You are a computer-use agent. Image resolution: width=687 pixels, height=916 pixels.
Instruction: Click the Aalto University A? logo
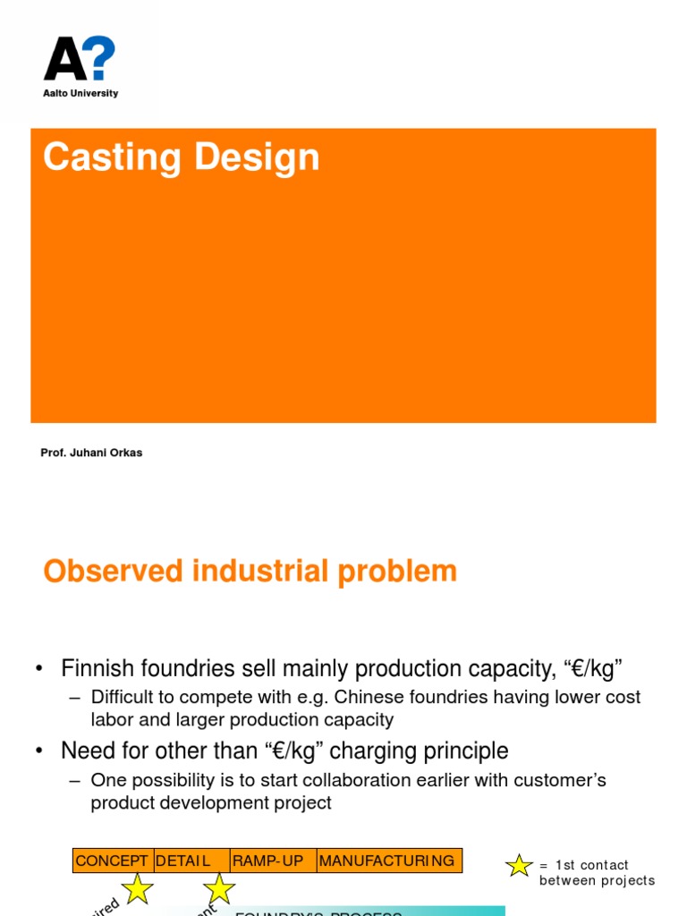click(x=80, y=59)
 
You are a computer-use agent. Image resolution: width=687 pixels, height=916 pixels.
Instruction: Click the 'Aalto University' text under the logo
click(x=81, y=93)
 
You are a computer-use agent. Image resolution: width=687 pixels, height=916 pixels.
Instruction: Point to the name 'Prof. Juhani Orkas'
click(x=91, y=453)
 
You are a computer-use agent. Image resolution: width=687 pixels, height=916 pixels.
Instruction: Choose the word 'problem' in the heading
click(x=402, y=572)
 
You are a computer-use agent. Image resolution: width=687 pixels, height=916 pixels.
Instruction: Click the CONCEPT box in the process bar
click(x=112, y=861)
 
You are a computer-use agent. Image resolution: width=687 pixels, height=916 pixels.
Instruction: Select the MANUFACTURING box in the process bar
click(x=388, y=861)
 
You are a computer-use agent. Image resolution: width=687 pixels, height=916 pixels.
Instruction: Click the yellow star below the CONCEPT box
click(x=138, y=888)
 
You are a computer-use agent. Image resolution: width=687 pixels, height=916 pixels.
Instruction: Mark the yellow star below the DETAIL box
click(x=219, y=888)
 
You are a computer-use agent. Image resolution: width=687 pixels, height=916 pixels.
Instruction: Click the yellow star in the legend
click(x=519, y=865)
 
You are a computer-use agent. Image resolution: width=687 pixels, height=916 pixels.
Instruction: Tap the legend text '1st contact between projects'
click(x=596, y=873)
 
